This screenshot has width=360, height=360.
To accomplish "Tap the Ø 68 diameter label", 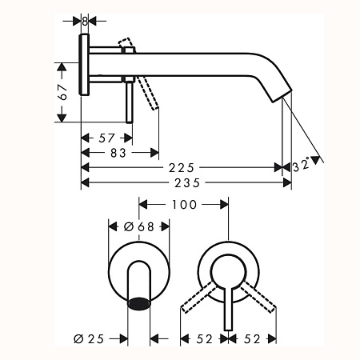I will click(139, 226).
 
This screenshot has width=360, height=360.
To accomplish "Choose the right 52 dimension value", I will click(252, 338).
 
